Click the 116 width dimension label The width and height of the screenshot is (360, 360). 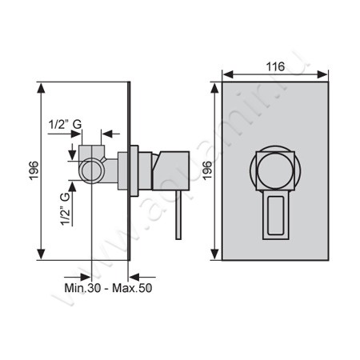pos(275,66)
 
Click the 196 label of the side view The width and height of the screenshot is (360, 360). pos(34,170)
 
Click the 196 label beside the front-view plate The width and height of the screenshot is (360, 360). pos(207,170)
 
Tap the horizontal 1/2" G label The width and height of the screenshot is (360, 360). pos(65,125)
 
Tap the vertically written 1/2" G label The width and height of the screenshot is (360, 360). pos(65,209)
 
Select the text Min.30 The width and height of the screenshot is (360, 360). pos(82,288)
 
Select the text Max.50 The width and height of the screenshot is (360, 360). pos(132,288)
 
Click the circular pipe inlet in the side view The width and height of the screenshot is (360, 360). pos(92,170)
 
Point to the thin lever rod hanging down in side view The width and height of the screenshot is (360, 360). pos(178,215)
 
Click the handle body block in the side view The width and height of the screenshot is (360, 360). pos(170,170)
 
